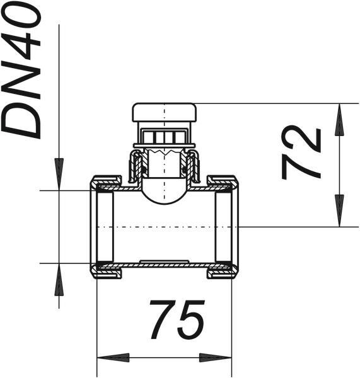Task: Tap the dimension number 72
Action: pyautogui.click(x=301, y=152)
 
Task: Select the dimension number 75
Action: pyautogui.click(x=177, y=319)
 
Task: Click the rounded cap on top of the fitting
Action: pyautogui.click(x=165, y=112)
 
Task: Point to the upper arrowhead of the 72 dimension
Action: pyautogui.click(x=339, y=119)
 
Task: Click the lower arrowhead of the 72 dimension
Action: pyautogui.click(x=339, y=210)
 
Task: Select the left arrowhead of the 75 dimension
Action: pyautogui.click(x=113, y=357)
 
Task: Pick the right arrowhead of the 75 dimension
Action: pyautogui.click(x=215, y=357)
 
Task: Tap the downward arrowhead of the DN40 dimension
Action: pyautogui.click(x=59, y=174)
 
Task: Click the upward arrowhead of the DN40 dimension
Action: pyautogui.click(x=59, y=279)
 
